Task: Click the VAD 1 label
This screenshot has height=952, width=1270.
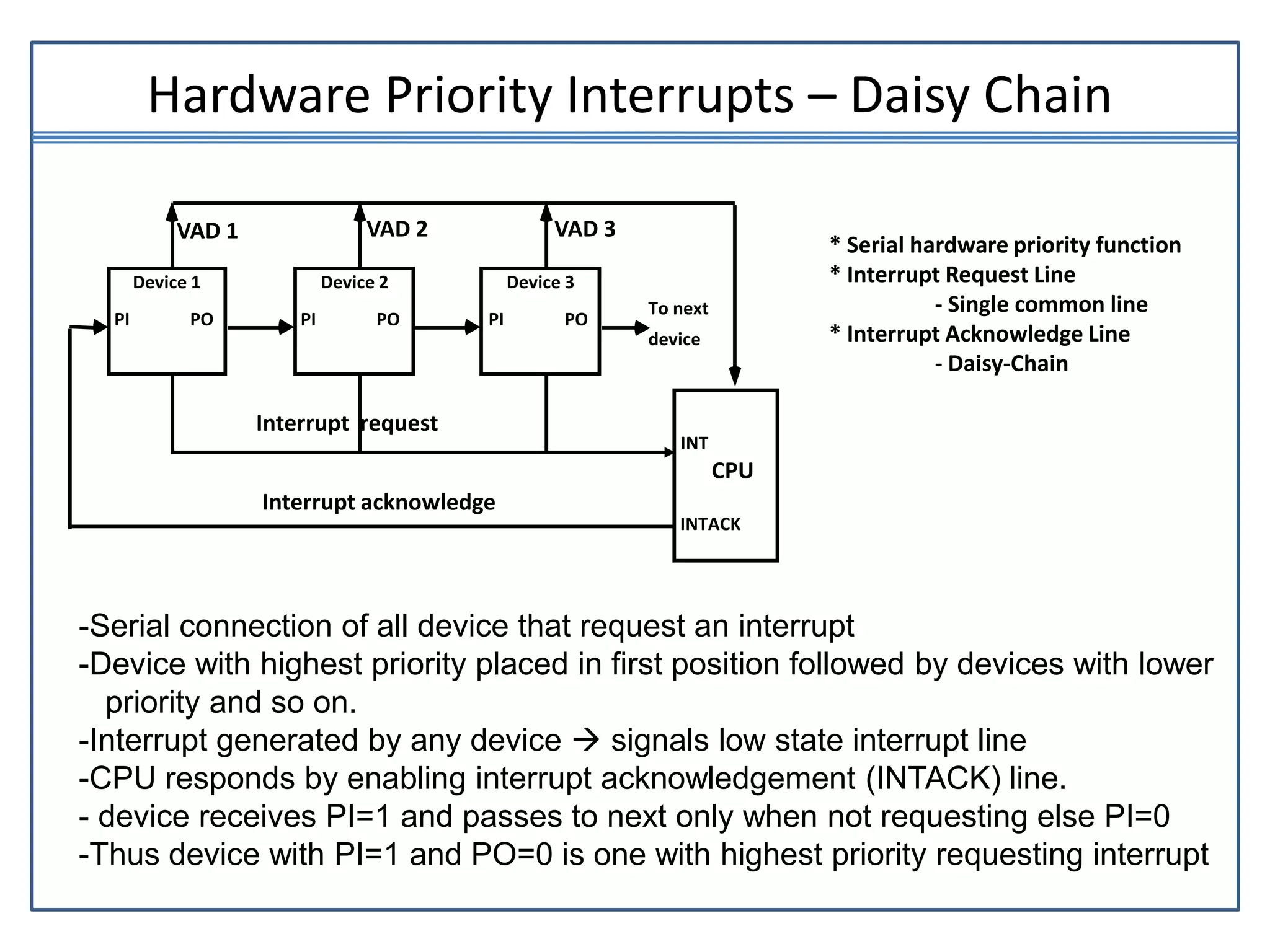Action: (207, 231)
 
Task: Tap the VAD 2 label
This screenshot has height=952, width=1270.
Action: (397, 229)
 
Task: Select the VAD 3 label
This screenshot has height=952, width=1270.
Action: (585, 229)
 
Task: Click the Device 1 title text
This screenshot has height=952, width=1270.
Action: (166, 283)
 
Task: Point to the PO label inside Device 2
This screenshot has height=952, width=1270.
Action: (388, 320)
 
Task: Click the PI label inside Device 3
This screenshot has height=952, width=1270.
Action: (496, 320)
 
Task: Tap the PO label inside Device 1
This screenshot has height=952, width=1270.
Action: (202, 320)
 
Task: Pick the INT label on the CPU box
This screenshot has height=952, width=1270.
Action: (694, 444)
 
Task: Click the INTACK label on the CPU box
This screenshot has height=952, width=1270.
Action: (710, 524)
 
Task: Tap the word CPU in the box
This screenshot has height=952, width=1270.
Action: (732, 471)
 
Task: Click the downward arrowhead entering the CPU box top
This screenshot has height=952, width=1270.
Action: (735, 376)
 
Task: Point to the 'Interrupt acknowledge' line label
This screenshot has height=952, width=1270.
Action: (378, 502)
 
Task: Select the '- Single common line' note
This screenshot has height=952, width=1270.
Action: (1041, 304)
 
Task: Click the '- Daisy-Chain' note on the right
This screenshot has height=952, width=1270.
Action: (1001, 364)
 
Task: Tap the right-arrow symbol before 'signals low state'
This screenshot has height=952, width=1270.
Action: (586, 740)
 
